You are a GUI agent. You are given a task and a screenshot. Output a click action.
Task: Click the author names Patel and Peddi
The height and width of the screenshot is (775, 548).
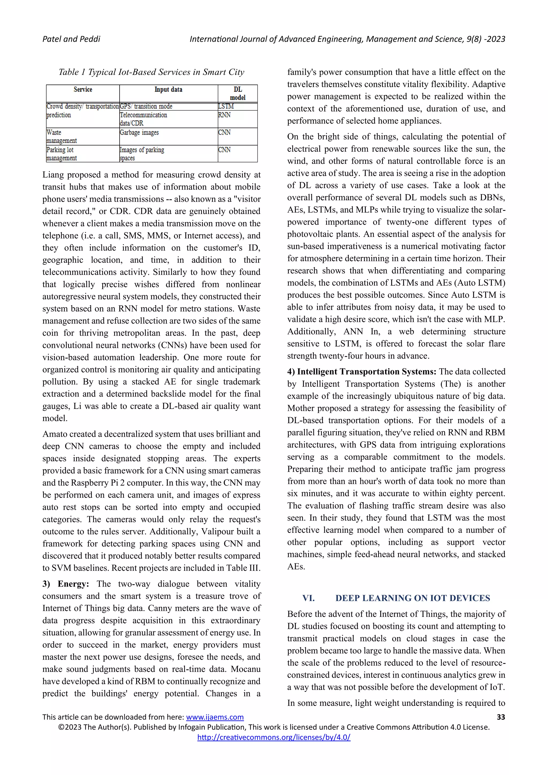(x=71, y=39)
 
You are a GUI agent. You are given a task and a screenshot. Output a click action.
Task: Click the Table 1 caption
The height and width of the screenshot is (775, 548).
(x=151, y=72)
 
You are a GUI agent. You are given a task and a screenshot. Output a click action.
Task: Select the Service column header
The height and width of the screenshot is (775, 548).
(x=83, y=89)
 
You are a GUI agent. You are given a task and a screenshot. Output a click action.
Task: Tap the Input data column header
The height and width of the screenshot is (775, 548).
(x=168, y=89)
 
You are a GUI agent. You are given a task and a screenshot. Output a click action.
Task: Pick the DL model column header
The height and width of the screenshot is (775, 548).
(x=238, y=93)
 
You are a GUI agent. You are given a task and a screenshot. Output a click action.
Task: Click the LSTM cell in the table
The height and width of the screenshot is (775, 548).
(x=226, y=106)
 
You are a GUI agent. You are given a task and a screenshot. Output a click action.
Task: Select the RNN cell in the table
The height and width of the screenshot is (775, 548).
(x=224, y=115)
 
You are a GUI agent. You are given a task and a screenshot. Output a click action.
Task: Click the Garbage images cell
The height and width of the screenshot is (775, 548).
(x=139, y=133)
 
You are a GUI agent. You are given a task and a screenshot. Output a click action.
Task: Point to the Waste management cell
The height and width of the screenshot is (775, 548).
(x=62, y=136)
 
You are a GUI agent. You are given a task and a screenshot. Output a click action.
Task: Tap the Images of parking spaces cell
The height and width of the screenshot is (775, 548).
(x=142, y=154)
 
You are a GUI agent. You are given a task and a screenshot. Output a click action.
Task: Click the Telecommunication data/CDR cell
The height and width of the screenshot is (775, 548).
(x=143, y=119)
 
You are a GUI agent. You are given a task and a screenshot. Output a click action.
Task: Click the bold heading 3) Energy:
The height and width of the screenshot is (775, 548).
(x=66, y=584)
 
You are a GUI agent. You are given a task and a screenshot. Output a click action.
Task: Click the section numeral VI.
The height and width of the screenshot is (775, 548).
(x=309, y=598)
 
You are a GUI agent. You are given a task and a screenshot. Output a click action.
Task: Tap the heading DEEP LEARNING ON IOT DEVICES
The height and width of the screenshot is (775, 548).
(x=412, y=598)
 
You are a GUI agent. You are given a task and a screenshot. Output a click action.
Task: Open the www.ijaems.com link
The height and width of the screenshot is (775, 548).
(x=215, y=717)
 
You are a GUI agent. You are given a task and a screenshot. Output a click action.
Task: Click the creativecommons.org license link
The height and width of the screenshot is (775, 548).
(x=274, y=737)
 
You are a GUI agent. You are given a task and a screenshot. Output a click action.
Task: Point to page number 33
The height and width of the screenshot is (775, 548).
(x=501, y=717)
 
